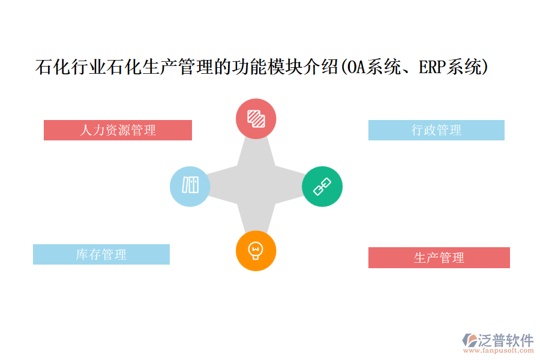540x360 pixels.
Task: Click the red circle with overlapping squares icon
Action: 256,119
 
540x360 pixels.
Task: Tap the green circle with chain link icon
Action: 322,187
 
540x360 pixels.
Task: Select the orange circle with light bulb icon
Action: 256,251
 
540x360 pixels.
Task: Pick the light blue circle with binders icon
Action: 190,187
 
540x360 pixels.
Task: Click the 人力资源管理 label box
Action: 118,130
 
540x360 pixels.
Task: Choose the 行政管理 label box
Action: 436,130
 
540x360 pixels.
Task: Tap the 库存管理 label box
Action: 101,254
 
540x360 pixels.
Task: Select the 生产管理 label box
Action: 439,257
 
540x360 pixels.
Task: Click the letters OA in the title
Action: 355,67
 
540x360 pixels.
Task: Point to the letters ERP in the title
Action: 432,67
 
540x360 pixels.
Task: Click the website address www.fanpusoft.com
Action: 499,350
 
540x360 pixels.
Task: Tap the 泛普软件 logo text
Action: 506,340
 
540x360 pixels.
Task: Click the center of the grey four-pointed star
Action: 256,187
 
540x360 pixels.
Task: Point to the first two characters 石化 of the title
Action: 53,67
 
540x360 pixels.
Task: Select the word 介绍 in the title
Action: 320,67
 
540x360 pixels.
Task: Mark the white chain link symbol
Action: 322,187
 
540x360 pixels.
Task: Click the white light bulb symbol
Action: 256,251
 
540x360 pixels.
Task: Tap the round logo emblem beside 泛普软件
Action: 470,340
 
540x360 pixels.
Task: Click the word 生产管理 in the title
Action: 178,67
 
